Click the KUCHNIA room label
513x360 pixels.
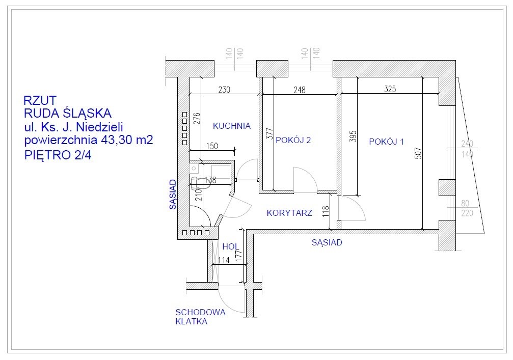point(232,126)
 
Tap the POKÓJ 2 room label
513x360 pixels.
point(293,140)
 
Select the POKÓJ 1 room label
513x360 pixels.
point(386,142)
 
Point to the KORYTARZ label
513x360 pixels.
point(289,213)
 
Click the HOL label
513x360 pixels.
point(231,246)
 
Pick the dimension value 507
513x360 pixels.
point(418,153)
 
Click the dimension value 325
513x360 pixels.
point(390,89)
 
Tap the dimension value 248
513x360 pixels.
point(300,90)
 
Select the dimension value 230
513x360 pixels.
point(225,89)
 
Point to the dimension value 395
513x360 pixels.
point(353,136)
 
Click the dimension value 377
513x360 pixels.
point(269,134)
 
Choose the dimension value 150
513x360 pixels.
point(212,146)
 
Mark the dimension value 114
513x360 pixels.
point(224,260)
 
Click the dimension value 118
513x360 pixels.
point(325,212)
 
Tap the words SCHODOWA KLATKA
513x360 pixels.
point(200,317)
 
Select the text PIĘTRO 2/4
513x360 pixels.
point(58,155)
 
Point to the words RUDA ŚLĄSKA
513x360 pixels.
point(68,114)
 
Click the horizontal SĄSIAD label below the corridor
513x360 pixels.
point(327,242)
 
